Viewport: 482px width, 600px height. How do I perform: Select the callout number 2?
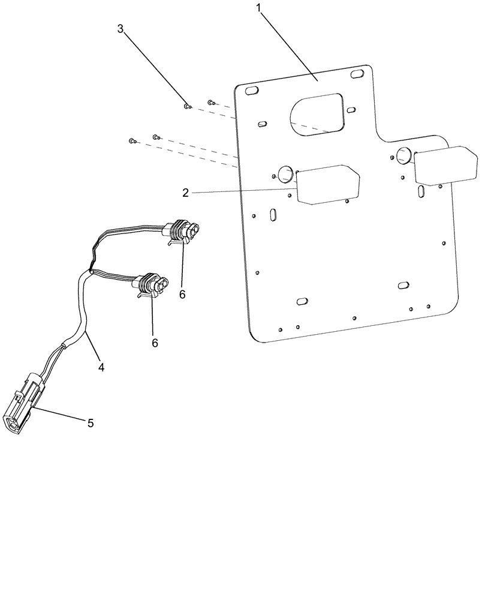(186, 193)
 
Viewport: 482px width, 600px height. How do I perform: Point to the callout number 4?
(101, 367)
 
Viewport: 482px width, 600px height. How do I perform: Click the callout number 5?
(91, 423)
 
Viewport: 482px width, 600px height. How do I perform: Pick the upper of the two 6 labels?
(182, 294)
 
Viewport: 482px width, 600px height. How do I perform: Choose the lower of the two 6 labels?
(155, 343)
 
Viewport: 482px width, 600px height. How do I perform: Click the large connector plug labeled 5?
(22, 406)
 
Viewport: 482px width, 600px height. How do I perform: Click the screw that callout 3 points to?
(187, 107)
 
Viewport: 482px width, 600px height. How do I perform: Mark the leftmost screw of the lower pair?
(132, 141)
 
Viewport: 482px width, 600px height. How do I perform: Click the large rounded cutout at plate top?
(317, 113)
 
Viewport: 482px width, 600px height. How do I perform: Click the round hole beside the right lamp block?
(402, 156)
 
